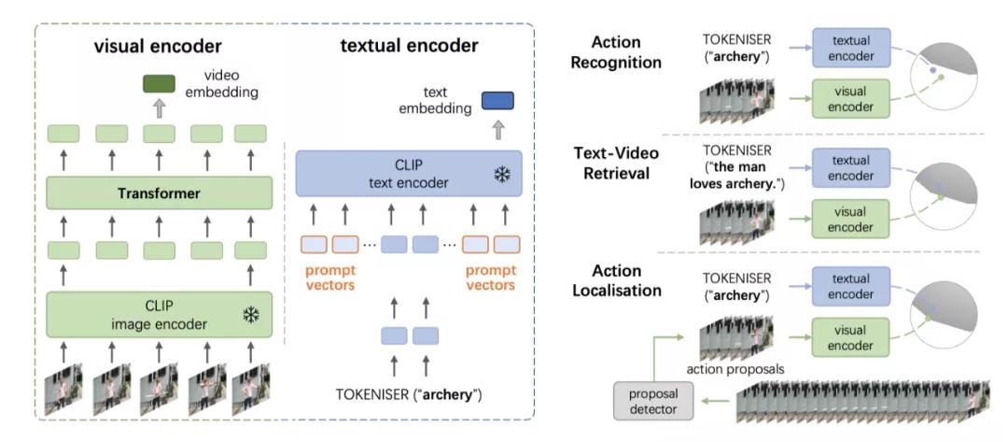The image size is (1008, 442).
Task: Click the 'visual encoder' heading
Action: pos(158,45)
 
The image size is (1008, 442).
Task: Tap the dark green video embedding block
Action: pos(159,85)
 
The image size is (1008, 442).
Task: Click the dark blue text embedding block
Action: pos(497,101)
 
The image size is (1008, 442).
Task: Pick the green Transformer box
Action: pos(160,193)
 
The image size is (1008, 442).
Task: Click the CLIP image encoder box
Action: pos(160,314)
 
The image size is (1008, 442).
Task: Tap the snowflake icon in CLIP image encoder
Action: pos(250,316)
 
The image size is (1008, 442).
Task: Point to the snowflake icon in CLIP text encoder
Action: pos(502,175)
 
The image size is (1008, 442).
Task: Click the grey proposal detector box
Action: pos(653,402)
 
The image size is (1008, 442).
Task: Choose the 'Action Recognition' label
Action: pos(626,53)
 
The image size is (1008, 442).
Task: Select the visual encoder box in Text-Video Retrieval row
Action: pos(853,217)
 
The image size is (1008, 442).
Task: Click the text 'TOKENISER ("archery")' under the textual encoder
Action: pos(409,394)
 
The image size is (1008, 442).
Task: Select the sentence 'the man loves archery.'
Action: pos(736,178)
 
